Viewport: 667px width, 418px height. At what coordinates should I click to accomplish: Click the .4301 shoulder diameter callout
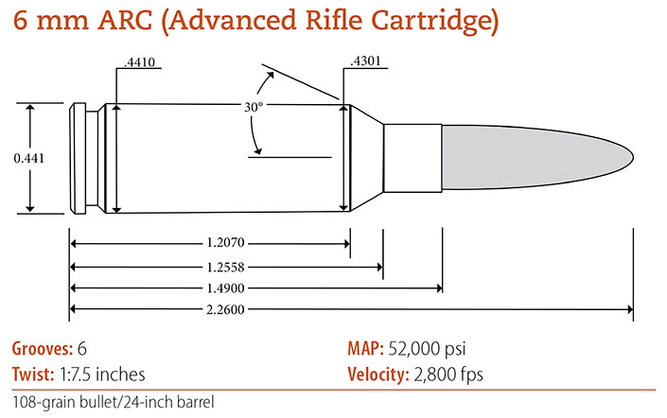tap(367, 63)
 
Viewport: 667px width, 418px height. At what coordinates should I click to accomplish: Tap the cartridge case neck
tap(412, 157)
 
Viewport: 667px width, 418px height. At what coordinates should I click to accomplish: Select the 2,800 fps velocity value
tap(448, 374)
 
